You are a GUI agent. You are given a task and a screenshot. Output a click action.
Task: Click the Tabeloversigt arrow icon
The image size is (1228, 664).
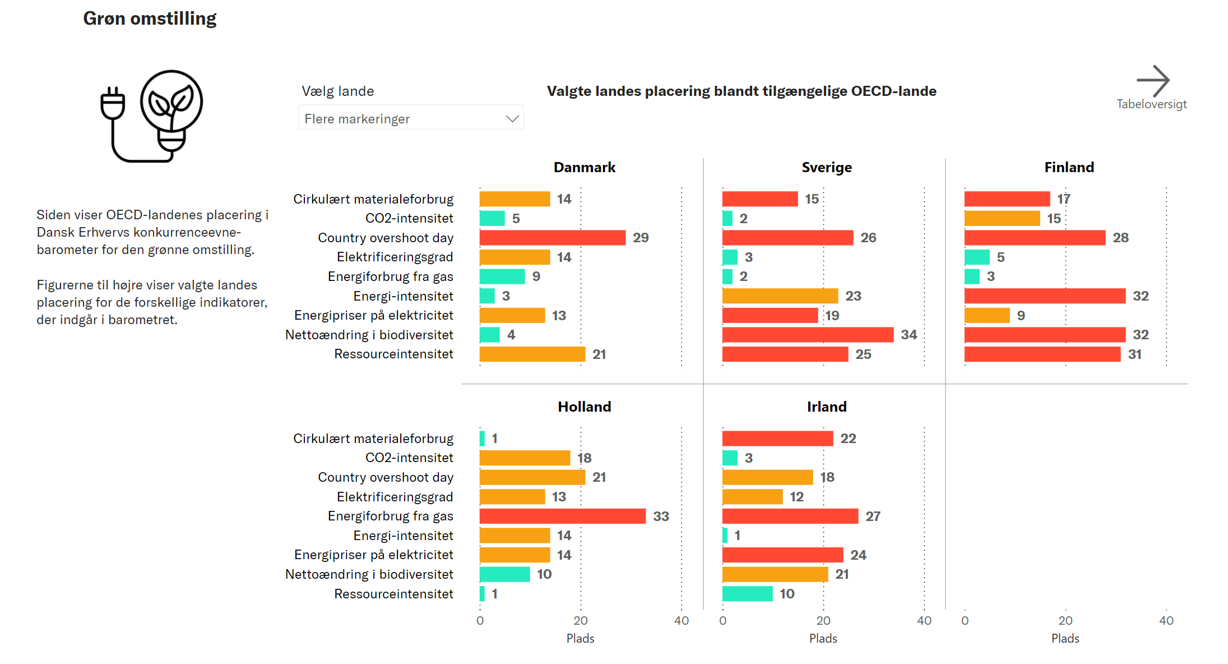click(1152, 81)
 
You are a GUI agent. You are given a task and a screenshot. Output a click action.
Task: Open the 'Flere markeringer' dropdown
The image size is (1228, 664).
click(411, 118)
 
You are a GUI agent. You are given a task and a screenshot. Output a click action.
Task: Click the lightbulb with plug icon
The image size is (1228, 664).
click(152, 116)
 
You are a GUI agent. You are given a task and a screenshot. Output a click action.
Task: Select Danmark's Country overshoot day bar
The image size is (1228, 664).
click(552, 238)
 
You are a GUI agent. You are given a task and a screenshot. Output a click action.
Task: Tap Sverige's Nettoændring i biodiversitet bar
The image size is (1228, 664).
click(807, 335)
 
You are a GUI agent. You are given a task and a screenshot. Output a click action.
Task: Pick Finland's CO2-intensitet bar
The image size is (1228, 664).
click(1002, 218)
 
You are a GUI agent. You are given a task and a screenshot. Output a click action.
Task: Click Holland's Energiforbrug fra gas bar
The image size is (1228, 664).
click(562, 516)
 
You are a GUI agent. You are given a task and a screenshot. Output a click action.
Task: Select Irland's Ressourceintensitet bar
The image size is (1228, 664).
click(747, 593)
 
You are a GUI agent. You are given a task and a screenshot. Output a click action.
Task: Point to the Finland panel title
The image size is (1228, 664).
click(1069, 167)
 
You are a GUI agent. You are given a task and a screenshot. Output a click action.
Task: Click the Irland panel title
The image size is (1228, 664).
click(827, 407)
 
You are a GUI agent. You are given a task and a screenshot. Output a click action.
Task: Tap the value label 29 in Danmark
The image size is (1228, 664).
click(641, 238)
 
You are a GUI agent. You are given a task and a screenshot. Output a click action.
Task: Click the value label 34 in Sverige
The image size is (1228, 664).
click(909, 335)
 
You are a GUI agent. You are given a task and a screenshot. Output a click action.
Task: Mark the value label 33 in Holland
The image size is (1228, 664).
click(661, 516)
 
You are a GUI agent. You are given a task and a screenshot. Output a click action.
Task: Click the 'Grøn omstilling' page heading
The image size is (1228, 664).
click(150, 19)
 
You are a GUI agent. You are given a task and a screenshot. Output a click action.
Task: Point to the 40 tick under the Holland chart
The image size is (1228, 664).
click(682, 620)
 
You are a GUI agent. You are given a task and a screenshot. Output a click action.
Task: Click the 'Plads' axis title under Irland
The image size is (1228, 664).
click(823, 638)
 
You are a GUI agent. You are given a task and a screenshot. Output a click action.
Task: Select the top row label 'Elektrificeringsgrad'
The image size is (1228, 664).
click(395, 257)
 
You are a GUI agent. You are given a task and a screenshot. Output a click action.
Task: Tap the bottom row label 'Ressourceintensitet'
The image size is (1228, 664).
click(393, 593)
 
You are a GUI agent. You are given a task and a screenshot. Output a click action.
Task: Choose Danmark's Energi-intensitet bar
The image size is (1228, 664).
click(487, 296)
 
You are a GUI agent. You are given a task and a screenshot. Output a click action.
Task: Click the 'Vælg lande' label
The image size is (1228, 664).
click(337, 91)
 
